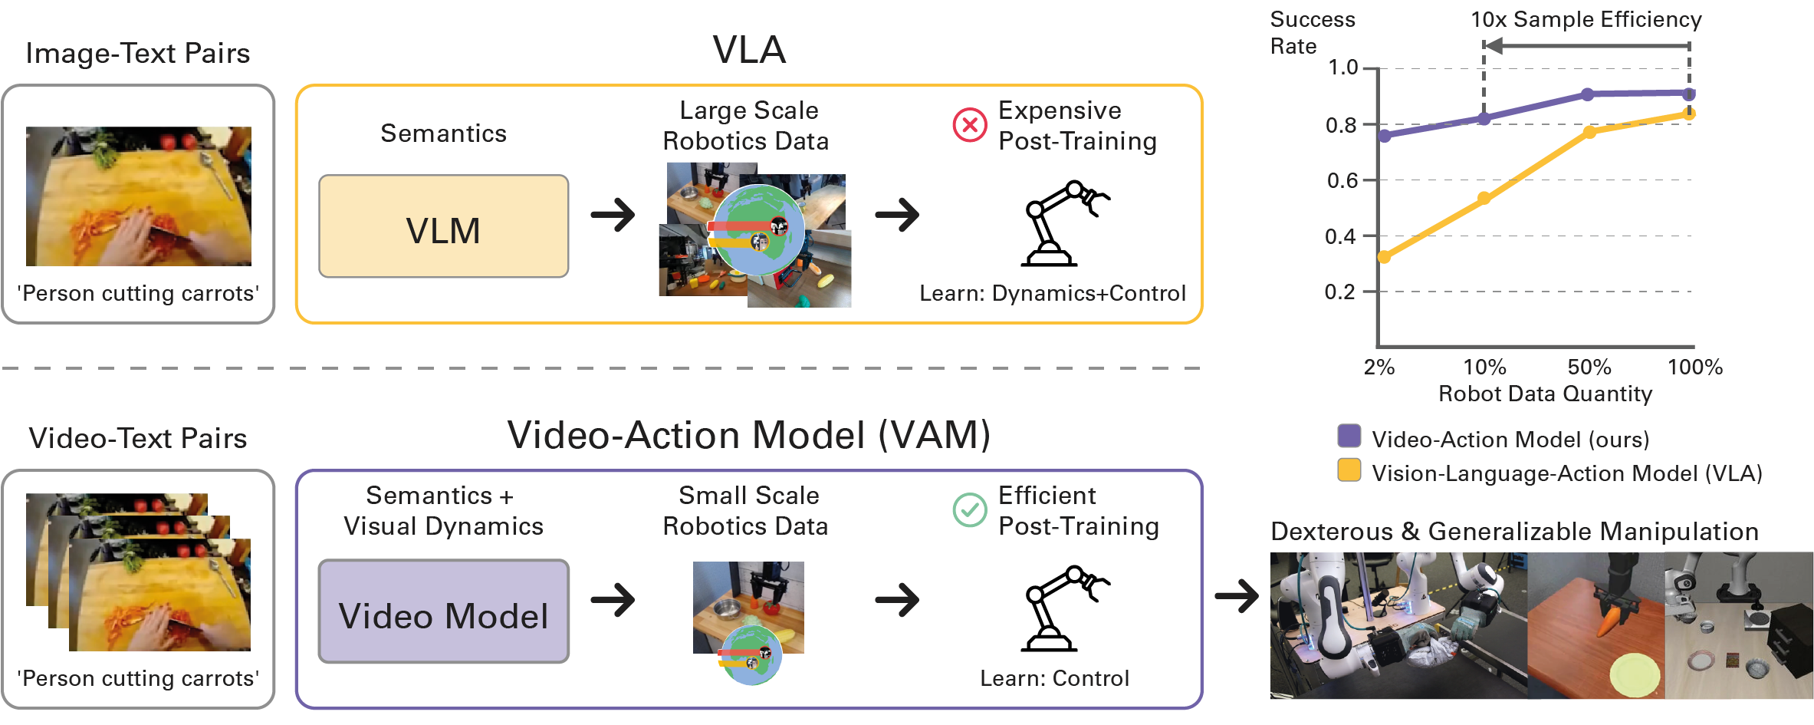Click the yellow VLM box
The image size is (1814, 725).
[443, 227]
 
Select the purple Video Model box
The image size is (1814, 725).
[443, 611]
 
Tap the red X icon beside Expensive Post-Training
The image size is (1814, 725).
[969, 124]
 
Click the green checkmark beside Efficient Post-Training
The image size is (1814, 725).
[969, 509]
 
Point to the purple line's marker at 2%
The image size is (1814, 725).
[1385, 136]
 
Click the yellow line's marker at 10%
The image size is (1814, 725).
[1484, 198]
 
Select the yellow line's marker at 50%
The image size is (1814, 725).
[1589, 133]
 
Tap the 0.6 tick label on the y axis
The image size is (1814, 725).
[1342, 180]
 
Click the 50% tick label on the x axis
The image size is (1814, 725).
[1589, 367]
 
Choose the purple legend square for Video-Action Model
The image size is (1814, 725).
[1349, 436]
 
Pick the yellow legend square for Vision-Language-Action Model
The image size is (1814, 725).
[1349, 470]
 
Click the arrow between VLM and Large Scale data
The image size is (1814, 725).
[613, 215]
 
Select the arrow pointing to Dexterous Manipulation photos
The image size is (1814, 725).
[1237, 595]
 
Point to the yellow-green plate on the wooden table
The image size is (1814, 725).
[1634, 674]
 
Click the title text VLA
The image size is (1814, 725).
[749, 50]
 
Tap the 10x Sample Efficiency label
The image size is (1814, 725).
[1586, 19]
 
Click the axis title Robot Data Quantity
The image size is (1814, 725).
[1545, 394]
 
